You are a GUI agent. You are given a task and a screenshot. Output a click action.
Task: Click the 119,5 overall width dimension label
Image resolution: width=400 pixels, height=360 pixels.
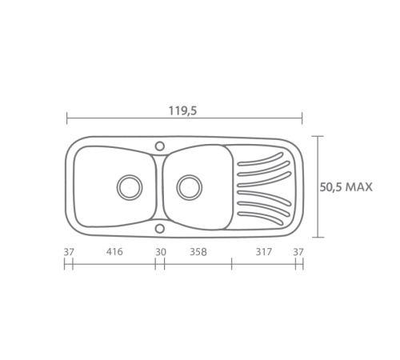coord(183,110)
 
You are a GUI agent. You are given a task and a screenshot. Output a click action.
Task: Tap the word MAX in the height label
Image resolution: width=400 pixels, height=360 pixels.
coord(358,187)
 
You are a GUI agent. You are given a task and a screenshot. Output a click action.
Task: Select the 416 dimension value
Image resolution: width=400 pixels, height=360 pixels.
coord(114,251)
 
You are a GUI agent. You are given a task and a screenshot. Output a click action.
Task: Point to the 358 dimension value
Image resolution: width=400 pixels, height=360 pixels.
coord(198,252)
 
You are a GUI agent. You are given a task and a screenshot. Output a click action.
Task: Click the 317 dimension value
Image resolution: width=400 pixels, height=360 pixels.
coord(264,251)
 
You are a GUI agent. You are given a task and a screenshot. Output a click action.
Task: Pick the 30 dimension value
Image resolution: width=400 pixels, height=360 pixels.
coord(161,252)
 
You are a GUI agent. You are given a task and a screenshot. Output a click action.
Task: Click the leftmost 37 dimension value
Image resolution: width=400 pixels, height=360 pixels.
coord(69,252)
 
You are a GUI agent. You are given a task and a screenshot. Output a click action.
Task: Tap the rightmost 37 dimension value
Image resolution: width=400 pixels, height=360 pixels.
coord(298,252)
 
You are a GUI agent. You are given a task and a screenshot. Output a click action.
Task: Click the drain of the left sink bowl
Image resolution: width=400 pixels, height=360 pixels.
coord(130,187)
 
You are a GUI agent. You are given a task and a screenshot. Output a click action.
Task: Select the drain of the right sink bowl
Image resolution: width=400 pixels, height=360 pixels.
coord(189,187)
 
